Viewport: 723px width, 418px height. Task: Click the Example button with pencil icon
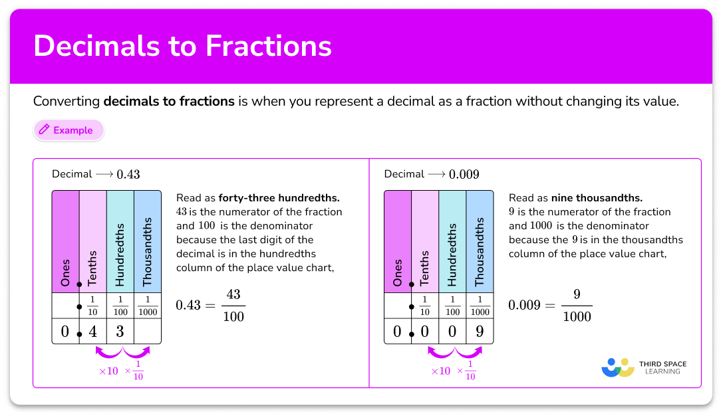click(x=68, y=130)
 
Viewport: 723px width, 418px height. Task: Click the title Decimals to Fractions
click(x=182, y=46)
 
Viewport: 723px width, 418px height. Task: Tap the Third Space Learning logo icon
click(x=617, y=367)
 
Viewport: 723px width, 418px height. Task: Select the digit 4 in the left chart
click(x=93, y=331)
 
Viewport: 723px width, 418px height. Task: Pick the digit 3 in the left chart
click(x=120, y=331)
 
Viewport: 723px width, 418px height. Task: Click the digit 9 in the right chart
click(x=479, y=331)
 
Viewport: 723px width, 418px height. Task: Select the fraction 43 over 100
click(x=233, y=305)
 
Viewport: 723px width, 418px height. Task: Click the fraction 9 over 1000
click(x=577, y=305)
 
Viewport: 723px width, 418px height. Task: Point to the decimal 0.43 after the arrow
click(x=128, y=175)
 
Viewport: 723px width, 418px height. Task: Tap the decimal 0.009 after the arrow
click(x=464, y=175)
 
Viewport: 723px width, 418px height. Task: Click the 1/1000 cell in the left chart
click(x=147, y=306)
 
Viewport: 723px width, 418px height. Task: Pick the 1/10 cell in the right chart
click(x=425, y=306)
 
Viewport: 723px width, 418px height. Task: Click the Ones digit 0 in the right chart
click(x=397, y=331)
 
